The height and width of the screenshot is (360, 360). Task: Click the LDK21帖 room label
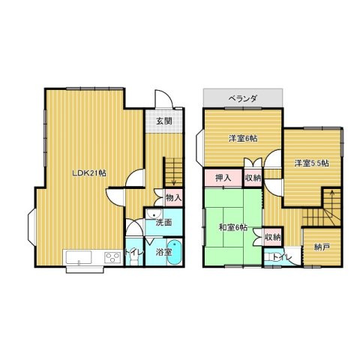88,172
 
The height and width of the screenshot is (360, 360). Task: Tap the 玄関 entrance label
164,121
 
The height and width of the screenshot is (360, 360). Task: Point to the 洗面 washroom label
164,223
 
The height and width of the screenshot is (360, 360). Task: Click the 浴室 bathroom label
163,253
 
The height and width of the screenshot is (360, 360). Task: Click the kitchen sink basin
79,259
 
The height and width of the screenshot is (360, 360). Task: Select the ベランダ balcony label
243,98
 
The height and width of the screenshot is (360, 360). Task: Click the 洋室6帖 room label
243,139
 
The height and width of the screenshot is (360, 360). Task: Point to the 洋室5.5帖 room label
311,163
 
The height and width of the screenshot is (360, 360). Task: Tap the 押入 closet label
223,178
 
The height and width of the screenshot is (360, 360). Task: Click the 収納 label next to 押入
252,178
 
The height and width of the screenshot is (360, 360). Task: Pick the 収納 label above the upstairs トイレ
272,238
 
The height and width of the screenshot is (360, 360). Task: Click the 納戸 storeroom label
321,247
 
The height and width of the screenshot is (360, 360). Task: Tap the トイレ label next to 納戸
283,258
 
